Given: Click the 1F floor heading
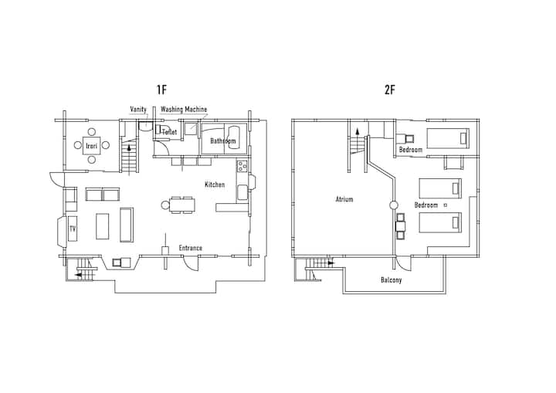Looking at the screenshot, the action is pyautogui.click(x=161, y=90).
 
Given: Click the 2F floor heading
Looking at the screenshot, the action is pyautogui.click(x=389, y=90).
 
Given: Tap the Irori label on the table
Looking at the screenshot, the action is pyautogui.click(x=91, y=146).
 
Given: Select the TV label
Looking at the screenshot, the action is pyautogui.click(x=73, y=229).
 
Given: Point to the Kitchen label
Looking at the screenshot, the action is pyautogui.click(x=215, y=185).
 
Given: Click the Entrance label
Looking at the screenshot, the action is pyautogui.click(x=191, y=248).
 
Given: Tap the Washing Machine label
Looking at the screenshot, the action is pyautogui.click(x=184, y=109).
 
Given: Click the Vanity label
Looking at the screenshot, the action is pyautogui.click(x=138, y=109).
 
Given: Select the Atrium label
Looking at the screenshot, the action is pyautogui.click(x=344, y=199).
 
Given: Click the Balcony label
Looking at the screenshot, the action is pyautogui.click(x=391, y=280).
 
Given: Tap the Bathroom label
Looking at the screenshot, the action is pyautogui.click(x=222, y=141).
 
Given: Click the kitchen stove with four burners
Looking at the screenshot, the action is pyautogui.click(x=242, y=166).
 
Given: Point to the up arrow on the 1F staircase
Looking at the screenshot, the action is pyautogui.click(x=129, y=148).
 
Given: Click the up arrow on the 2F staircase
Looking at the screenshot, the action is pyautogui.click(x=358, y=131).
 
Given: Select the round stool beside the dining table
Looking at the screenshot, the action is pyautogui.click(x=165, y=205).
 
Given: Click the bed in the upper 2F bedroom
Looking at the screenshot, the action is pyautogui.click(x=448, y=138).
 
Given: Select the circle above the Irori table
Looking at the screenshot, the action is pyautogui.click(x=91, y=132).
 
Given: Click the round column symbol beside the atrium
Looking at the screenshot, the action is pyautogui.click(x=393, y=205).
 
